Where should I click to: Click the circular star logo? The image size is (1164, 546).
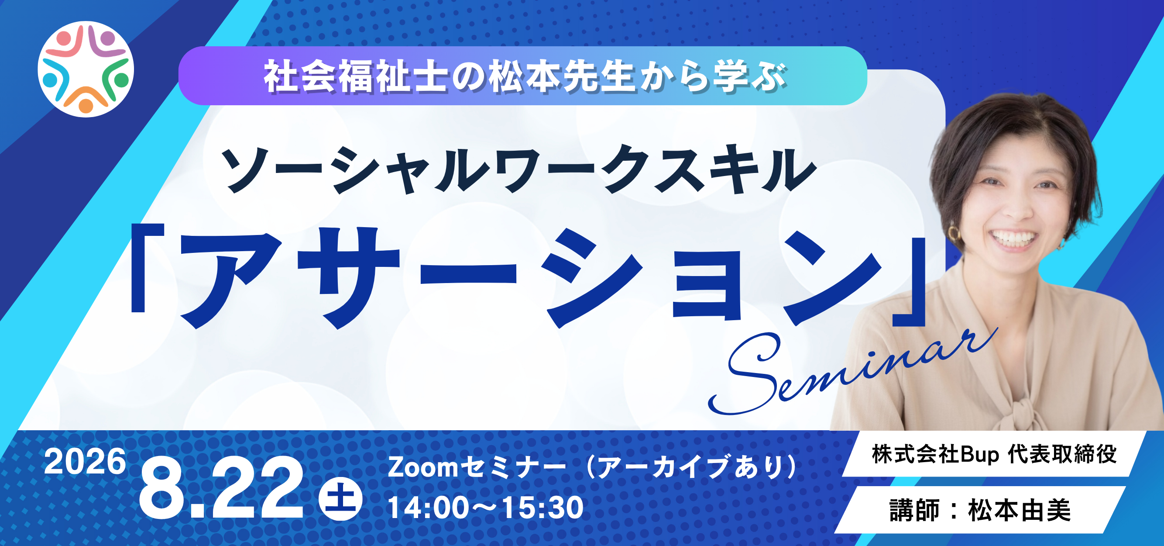[x=86, y=69]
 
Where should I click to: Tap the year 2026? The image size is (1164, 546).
[x=85, y=462]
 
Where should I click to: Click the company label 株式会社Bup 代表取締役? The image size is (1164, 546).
[x=994, y=455]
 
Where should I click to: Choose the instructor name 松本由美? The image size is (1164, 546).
[x=1020, y=511]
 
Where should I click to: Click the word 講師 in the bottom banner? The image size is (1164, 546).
[x=914, y=511]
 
